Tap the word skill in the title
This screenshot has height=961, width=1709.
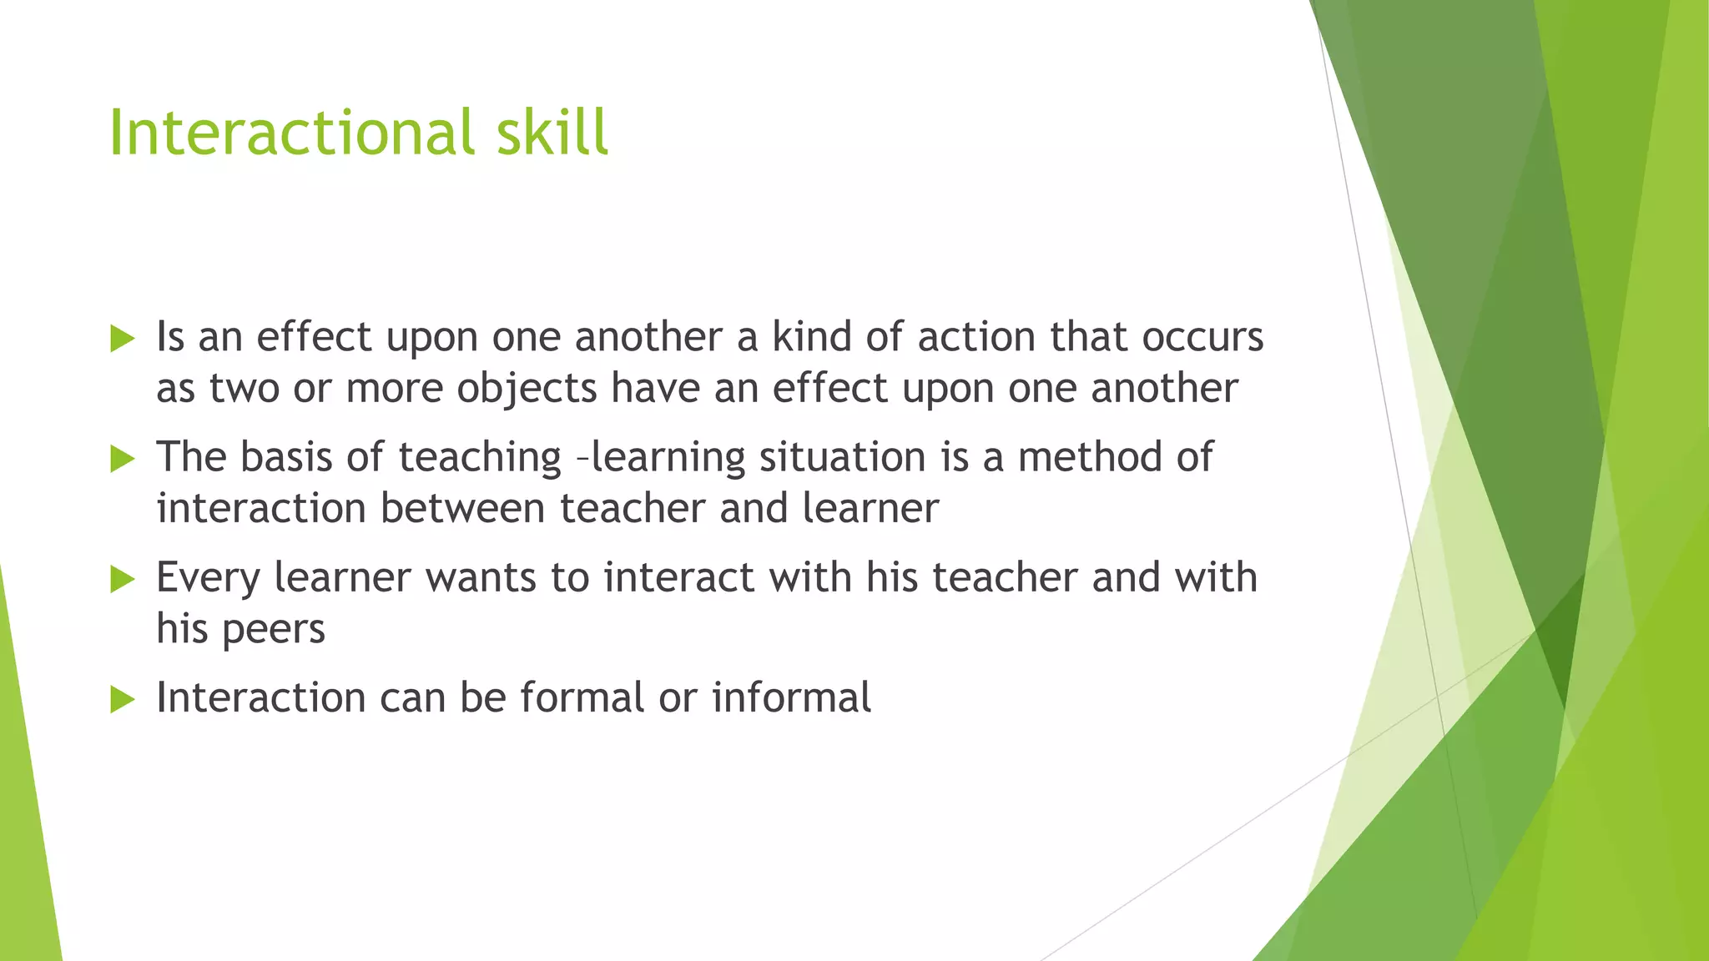552,133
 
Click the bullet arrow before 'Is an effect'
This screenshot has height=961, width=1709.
122,339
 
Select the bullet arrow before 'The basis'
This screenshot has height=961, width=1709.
122,459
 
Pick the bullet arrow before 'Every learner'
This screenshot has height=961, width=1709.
122,579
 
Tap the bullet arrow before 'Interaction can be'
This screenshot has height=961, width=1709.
122,699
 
